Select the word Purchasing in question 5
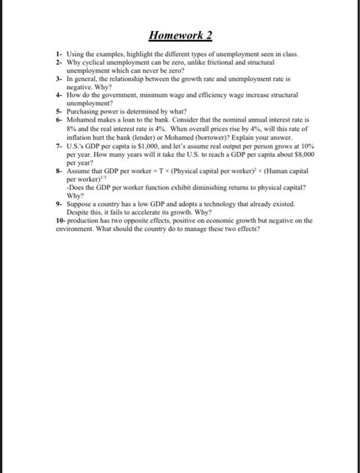coord(84,111)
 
